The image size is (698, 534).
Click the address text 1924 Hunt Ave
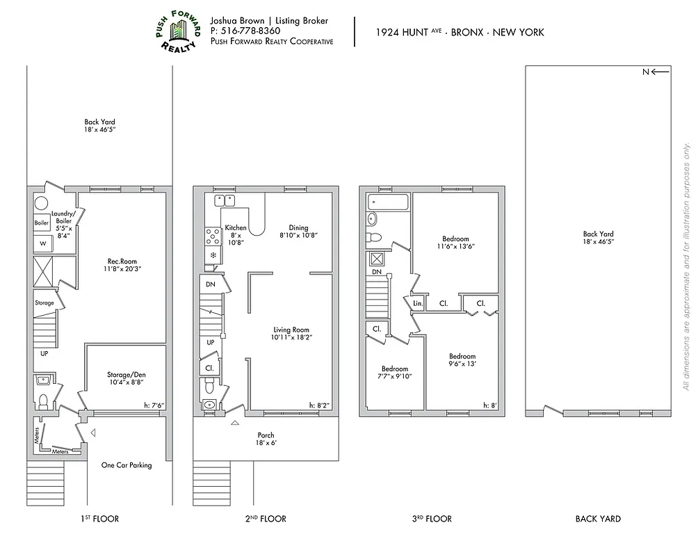(403, 32)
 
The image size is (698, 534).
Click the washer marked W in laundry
(42, 244)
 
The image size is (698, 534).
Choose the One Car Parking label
(126, 465)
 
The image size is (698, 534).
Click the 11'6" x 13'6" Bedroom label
(455, 243)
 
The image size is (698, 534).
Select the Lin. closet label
(418, 304)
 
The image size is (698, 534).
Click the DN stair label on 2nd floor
(210, 284)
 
